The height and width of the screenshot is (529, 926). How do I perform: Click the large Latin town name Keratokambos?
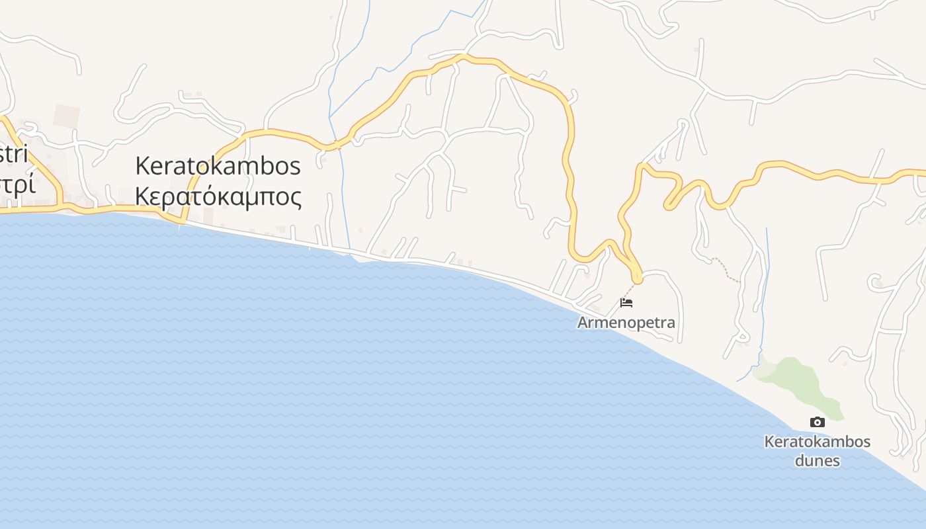coord(218,166)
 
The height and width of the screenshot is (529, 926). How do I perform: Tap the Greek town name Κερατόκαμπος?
coord(218,196)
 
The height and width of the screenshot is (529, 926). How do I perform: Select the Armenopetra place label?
coord(626,323)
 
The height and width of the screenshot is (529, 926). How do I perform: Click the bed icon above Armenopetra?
coord(626,303)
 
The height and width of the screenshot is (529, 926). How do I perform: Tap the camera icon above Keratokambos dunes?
coord(818,422)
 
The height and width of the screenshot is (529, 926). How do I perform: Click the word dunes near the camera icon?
coord(818,460)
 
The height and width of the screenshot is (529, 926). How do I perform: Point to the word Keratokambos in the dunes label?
coord(818,442)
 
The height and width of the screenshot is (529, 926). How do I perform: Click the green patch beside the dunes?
coord(797,380)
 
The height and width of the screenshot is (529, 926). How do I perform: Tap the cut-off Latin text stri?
coord(15,156)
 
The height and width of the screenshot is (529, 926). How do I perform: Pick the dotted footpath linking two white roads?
coord(726,270)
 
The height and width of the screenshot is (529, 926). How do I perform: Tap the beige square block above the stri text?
coord(66,116)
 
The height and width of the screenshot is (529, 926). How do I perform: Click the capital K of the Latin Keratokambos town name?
coord(142,166)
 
